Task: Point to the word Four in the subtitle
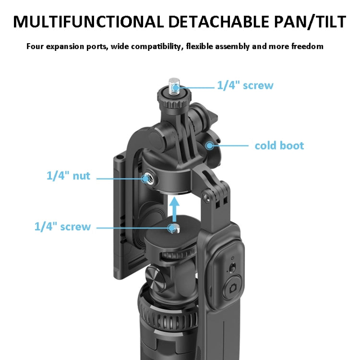pyautogui.click(x=36, y=47)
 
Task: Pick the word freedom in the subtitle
pyautogui.click(x=305, y=47)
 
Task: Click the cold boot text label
pyautogui.click(x=279, y=145)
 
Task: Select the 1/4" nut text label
pyautogui.click(x=68, y=176)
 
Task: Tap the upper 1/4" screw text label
pyautogui.click(x=245, y=85)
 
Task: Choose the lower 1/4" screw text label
pyautogui.click(x=62, y=227)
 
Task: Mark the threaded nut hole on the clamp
pyautogui.click(x=146, y=178)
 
